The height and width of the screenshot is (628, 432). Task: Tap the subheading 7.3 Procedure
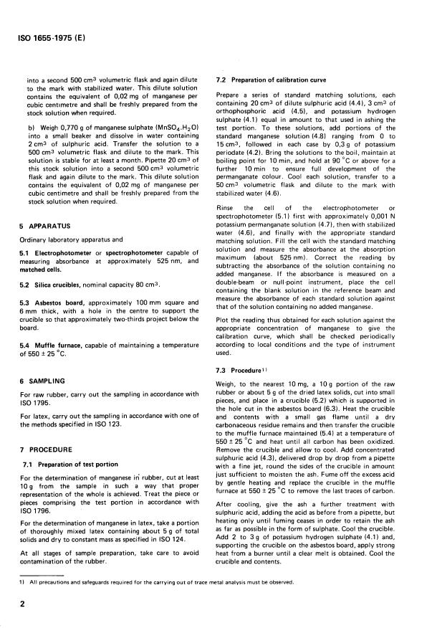(244, 371)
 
